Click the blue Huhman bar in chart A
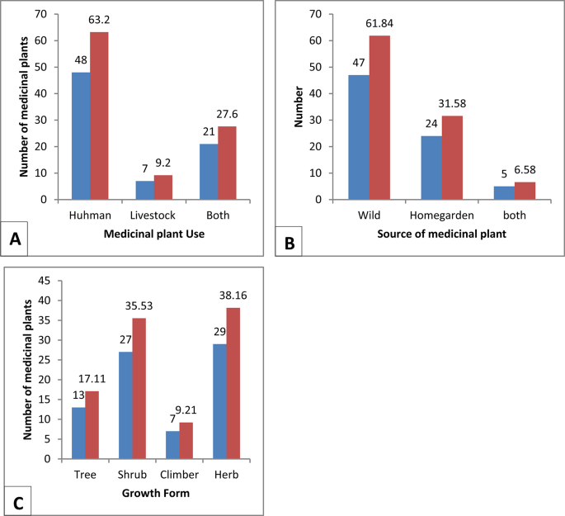pyautogui.click(x=80, y=136)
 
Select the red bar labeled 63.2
pyautogui.click(x=99, y=116)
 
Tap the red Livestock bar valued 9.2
pyautogui.click(x=163, y=187)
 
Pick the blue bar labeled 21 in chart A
pyautogui.click(x=209, y=172)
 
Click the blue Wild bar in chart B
pyautogui.click(x=358, y=137)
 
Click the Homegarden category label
pyautogui.click(x=441, y=215)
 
